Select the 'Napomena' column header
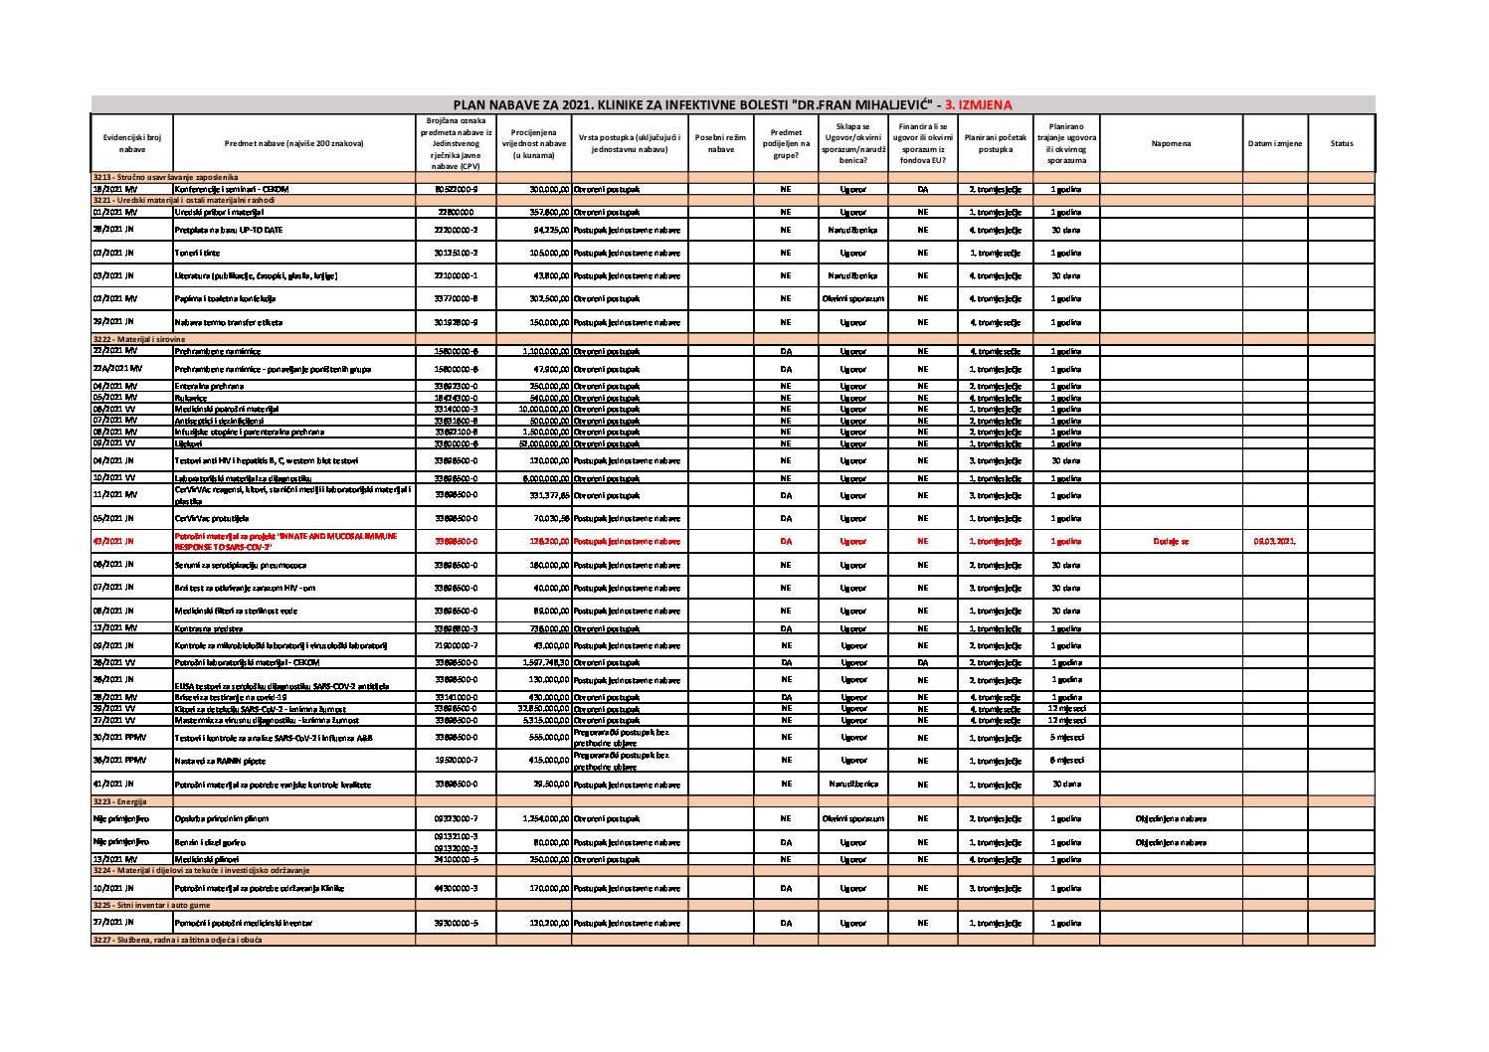[1170, 143]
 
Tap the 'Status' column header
[1341, 143]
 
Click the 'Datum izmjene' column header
[1274, 143]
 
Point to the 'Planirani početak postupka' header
[995, 143]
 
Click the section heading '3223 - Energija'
[119, 801]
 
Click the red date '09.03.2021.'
[1274, 542]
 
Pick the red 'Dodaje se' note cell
[1170, 542]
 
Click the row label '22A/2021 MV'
[116, 369]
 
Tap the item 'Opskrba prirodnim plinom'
[221, 819]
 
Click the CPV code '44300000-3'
[457, 888]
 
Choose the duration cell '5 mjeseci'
[1066, 737]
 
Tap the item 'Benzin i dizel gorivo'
[211, 843]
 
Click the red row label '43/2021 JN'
[112, 542]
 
